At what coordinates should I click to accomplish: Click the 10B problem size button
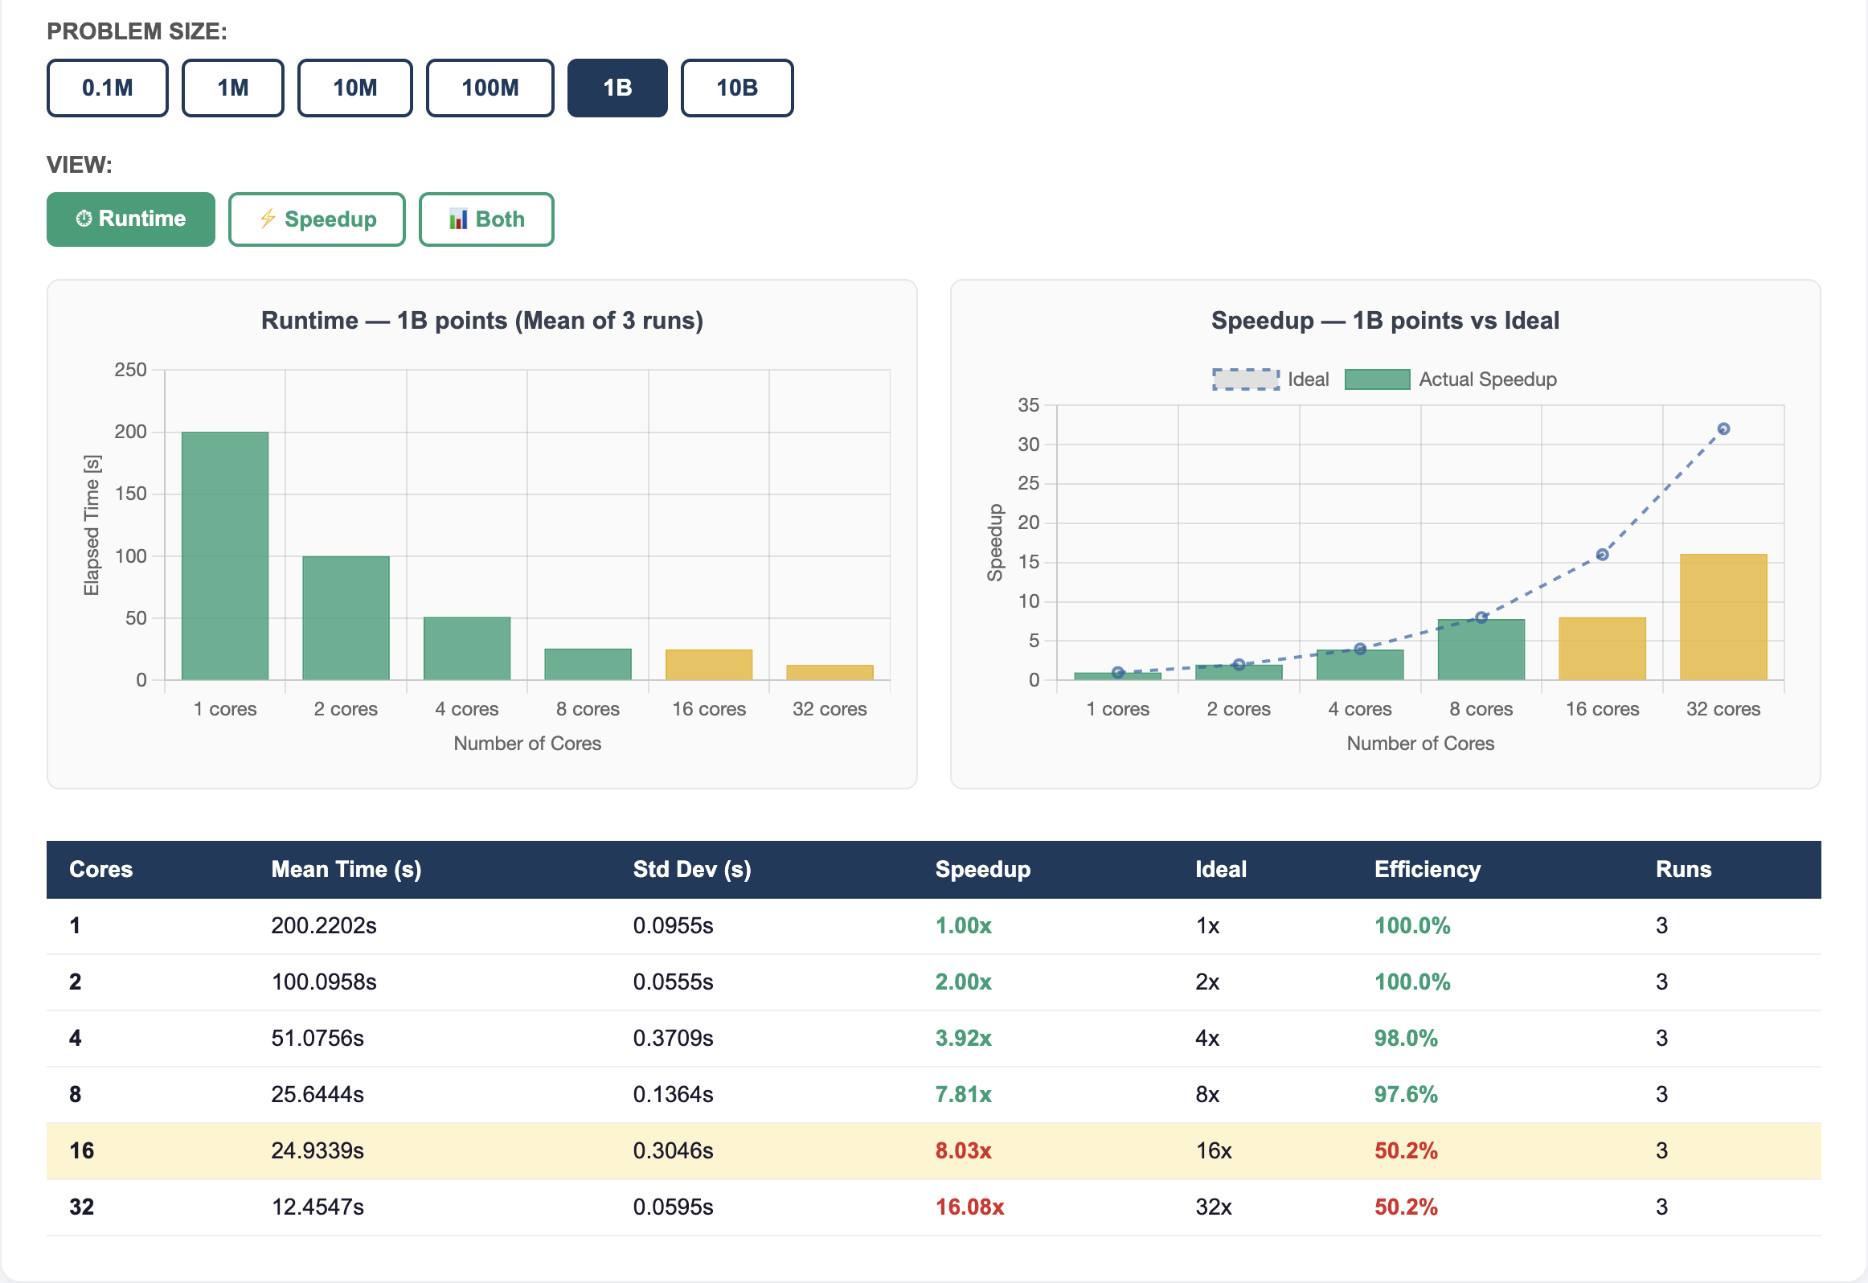[x=737, y=88]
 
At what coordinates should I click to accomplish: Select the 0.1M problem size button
[x=108, y=88]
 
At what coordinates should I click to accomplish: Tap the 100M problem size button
[x=490, y=88]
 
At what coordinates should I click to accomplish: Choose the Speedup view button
[x=317, y=219]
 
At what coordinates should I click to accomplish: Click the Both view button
[x=486, y=219]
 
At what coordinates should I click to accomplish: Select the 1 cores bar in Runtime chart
[x=225, y=555]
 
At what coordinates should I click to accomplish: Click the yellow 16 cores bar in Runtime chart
[x=709, y=665]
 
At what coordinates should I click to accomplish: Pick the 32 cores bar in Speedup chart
[x=1723, y=617]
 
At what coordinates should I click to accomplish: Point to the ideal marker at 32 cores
[x=1723, y=429]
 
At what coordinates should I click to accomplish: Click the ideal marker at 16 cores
[x=1602, y=555]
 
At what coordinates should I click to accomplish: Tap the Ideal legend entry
[x=1270, y=379]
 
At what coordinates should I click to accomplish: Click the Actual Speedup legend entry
[x=1451, y=379]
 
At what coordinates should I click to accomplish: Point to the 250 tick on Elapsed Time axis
[x=130, y=370]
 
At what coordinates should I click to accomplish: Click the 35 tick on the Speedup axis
[x=1028, y=405]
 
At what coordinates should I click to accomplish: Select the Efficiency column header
[x=1427, y=869]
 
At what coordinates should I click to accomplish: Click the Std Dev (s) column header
[x=692, y=869]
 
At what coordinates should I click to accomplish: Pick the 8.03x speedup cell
[x=963, y=1150]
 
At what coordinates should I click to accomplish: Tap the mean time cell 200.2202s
[x=323, y=925]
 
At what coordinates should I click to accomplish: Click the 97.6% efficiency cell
[x=1406, y=1094]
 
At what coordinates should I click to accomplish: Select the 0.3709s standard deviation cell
[x=673, y=1038]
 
